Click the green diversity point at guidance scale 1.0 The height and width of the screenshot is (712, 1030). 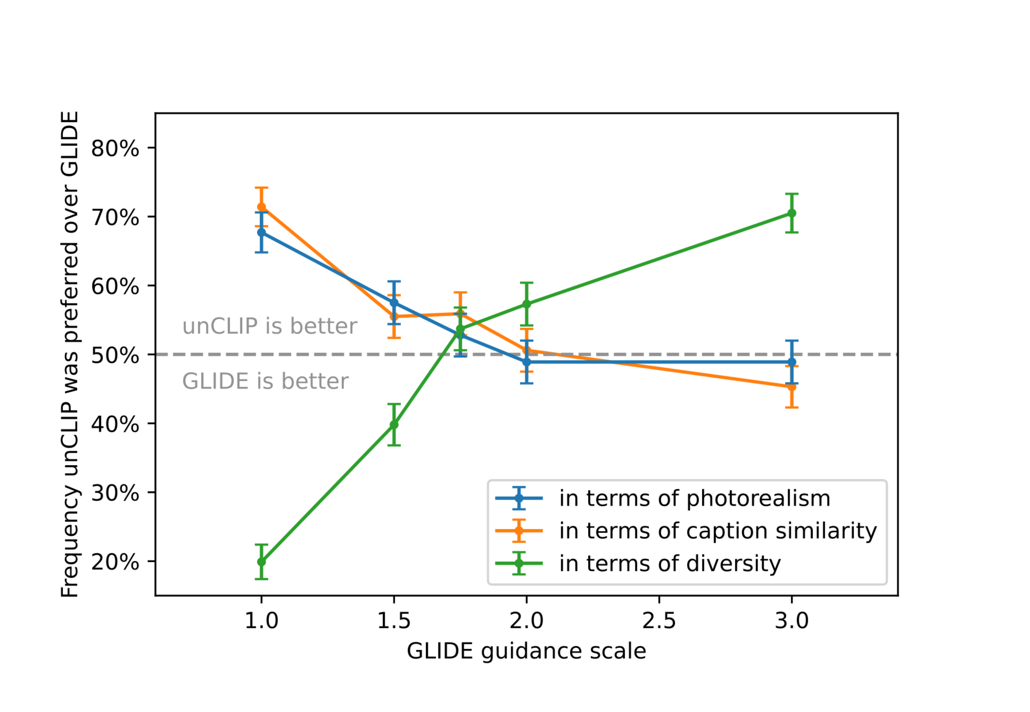point(261,562)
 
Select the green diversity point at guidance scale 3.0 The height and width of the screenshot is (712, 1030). point(792,213)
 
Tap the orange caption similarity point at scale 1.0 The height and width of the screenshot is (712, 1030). point(261,207)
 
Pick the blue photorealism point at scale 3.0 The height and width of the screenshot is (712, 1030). point(792,362)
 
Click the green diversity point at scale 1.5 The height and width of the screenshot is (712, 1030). point(394,425)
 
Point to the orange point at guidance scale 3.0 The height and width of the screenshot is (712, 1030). point(792,387)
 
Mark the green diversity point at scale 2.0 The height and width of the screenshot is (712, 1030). point(527,304)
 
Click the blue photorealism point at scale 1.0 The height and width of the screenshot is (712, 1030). point(261,233)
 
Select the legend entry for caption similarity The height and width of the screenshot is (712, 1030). point(718,531)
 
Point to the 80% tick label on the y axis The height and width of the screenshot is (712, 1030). point(115,148)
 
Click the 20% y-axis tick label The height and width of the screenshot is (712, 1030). point(115,562)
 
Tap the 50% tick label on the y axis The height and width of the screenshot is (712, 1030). point(115,355)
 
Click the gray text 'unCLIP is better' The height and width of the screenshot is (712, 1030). point(269,326)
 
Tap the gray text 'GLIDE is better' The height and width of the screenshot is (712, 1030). point(265,382)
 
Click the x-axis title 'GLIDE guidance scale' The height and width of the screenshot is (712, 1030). point(526,651)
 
